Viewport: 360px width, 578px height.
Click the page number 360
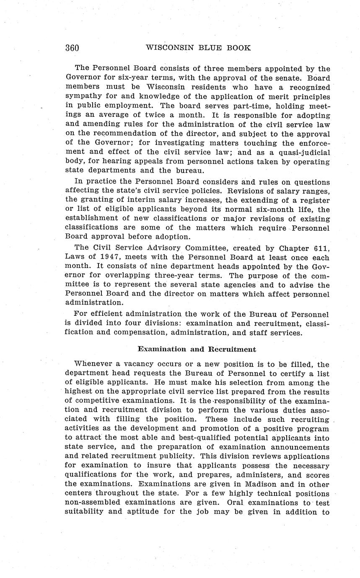(x=72, y=47)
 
